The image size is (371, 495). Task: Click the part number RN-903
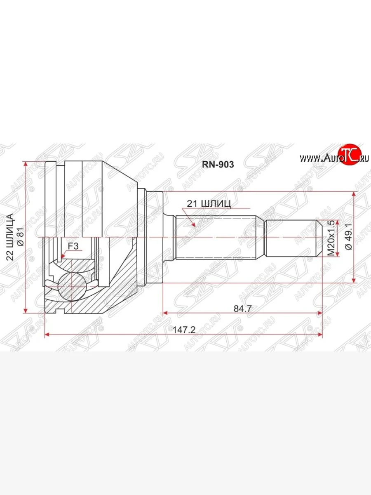218,165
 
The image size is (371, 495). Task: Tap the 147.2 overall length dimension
184,330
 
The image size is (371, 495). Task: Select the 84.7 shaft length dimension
242,309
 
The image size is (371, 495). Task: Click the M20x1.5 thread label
331,238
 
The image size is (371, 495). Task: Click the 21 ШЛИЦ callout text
209,204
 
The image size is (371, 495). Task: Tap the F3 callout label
73,246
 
